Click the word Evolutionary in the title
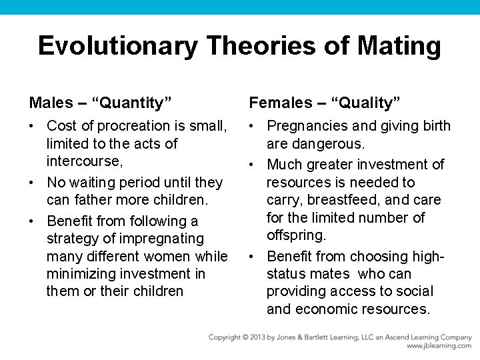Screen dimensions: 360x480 tap(117, 46)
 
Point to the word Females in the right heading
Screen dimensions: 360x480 tap(280, 103)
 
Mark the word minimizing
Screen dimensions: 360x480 tap(80, 274)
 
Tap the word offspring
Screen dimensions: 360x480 tap(295, 235)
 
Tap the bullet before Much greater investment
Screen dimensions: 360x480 tap(253, 165)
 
